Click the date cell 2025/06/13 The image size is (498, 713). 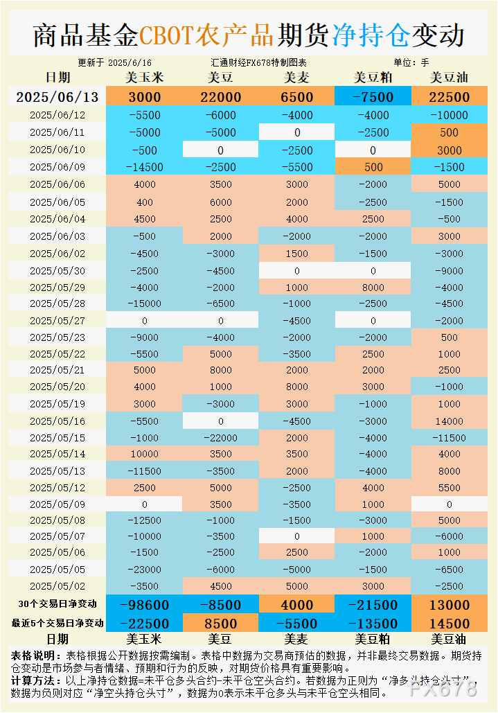pos(57,97)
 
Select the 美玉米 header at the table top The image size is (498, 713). pos(145,77)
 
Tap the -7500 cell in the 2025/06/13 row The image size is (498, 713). pos(373,97)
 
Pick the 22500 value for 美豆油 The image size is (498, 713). pos(450,97)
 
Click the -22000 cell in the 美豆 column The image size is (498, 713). pos(221,438)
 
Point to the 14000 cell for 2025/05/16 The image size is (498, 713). pos(450,421)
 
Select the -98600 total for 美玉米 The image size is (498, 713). pos(145,605)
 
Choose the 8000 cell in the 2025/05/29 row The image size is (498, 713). pos(373,287)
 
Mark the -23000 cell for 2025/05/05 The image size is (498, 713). pos(145,569)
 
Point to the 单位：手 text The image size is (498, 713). pos(411,62)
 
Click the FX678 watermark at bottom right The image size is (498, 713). pos(444,688)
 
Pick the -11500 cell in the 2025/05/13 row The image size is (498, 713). pos(145,471)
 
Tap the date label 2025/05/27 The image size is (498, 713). pos(57,321)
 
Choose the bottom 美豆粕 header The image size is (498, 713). pos(373,639)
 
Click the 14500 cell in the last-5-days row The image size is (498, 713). pos(450,624)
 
